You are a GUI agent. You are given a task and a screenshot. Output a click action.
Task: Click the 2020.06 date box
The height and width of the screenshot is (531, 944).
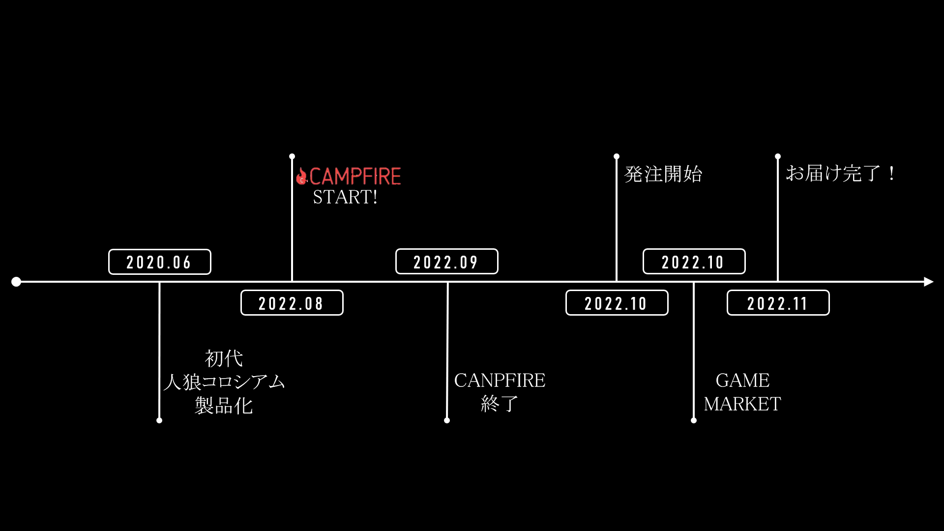(159, 262)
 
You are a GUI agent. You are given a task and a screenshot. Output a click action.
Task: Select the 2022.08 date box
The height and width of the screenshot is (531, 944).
(292, 303)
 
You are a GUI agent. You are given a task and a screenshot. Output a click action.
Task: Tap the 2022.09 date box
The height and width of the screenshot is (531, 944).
(446, 262)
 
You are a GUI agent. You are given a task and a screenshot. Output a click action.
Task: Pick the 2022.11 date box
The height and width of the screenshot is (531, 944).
(778, 303)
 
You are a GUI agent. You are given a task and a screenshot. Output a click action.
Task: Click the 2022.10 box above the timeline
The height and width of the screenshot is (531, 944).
(694, 262)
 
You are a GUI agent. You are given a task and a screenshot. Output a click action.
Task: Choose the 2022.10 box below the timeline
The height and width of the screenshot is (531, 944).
(617, 303)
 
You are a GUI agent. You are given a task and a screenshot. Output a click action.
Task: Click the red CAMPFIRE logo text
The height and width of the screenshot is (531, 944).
(355, 176)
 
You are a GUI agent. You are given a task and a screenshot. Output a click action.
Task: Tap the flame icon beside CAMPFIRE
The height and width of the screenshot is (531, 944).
(301, 176)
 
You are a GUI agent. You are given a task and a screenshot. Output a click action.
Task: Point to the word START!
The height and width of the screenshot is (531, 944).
(345, 197)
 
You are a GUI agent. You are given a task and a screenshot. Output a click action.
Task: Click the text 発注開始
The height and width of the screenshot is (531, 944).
(663, 174)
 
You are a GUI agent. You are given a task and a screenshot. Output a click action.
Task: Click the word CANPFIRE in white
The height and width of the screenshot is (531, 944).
(500, 381)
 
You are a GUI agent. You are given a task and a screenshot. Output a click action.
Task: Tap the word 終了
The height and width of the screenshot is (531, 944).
(500, 404)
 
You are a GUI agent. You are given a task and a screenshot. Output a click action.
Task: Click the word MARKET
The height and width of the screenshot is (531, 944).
(742, 404)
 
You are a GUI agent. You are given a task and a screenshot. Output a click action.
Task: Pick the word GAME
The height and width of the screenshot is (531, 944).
(742, 381)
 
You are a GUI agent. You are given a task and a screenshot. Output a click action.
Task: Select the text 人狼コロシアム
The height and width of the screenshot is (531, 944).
(224, 382)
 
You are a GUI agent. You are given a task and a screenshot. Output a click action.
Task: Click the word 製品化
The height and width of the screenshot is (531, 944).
(224, 406)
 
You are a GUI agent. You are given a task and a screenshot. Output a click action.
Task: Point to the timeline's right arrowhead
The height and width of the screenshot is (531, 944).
(928, 282)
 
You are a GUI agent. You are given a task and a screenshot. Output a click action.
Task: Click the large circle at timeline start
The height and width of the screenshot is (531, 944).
(16, 282)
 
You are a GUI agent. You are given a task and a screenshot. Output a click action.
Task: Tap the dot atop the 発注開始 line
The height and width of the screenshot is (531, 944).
(617, 156)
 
